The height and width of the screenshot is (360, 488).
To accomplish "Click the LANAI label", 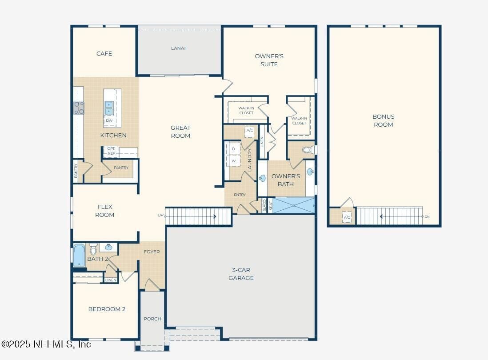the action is click(x=178, y=48).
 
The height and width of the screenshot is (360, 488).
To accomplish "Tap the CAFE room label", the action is click(x=104, y=53).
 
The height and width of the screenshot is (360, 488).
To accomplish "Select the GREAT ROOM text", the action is click(x=180, y=132).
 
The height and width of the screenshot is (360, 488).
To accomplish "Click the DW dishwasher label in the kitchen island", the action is click(x=109, y=120).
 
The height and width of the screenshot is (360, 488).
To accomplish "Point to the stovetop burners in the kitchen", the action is click(x=78, y=108).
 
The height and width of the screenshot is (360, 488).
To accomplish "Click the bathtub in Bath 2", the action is click(x=79, y=255).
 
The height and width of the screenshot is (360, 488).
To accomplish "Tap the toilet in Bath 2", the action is click(x=93, y=249).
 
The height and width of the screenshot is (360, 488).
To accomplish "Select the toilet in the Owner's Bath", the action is click(x=308, y=150).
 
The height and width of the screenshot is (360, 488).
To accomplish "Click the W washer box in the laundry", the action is click(x=233, y=161).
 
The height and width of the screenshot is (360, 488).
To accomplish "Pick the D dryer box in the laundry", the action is click(x=233, y=149).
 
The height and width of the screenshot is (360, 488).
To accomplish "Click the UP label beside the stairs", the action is click(x=160, y=215).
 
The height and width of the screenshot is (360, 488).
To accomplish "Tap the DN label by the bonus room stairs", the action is click(x=427, y=216).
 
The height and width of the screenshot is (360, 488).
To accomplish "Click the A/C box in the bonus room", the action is click(x=347, y=217).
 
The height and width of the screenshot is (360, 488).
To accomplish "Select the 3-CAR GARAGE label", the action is click(x=241, y=274).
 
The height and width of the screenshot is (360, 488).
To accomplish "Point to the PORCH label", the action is click(x=152, y=319).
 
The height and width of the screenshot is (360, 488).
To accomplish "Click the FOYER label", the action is click(x=152, y=252).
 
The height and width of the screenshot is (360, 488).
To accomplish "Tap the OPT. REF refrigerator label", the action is click(x=111, y=151).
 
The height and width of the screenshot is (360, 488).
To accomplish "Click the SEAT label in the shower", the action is click(x=271, y=205).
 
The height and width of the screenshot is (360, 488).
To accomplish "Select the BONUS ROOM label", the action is click(x=384, y=120).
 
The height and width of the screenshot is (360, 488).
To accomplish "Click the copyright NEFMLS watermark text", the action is click(x=46, y=344).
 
